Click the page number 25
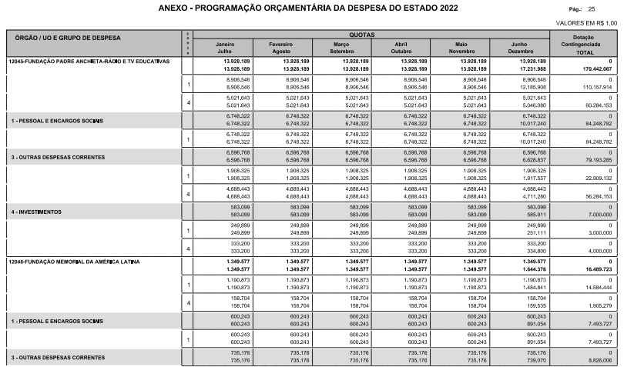coord(613,9)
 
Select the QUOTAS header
coord(364,35)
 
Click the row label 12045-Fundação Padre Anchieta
coord(89,60)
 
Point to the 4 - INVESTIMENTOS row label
coord(39,211)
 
